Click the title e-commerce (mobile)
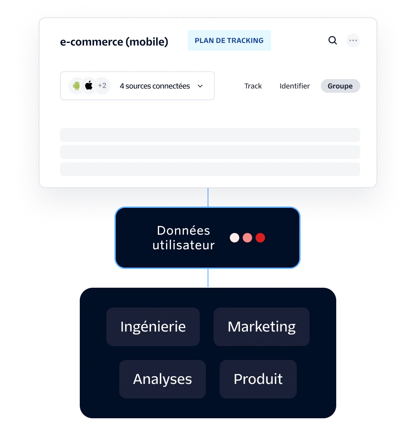click(x=114, y=42)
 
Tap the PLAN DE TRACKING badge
click(x=229, y=40)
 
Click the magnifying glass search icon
click(x=332, y=40)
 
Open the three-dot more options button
click(x=353, y=41)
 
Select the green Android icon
click(x=76, y=86)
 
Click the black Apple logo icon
click(x=89, y=86)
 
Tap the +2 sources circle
click(x=102, y=86)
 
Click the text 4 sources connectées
click(x=154, y=86)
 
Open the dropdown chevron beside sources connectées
click(x=200, y=86)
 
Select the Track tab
click(x=253, y=86)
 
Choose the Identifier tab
click(x=295, y=86)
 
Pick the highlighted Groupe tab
click(x=340, y=86)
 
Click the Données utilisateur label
click(x=184, y=238)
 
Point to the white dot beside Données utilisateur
click(x=234, y=238)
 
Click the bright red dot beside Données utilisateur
click(x=260, y=238)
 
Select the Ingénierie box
click(x=153, y=326)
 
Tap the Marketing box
click(x=261, y=326)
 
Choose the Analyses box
click(x=163, y=379)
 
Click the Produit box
click(x=258, y=379)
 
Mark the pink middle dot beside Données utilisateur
click(x=247, y=238)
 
